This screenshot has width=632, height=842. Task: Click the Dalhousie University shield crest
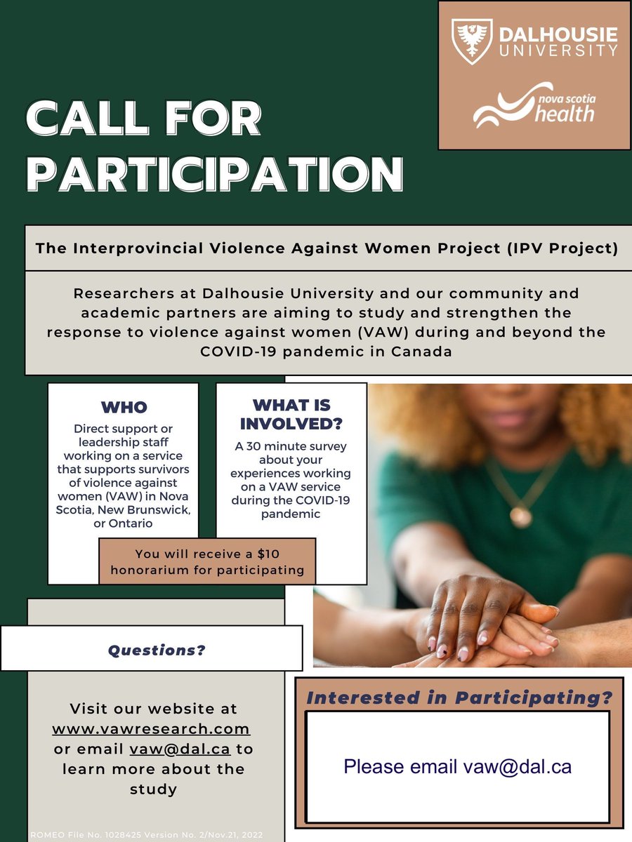pos(471,41)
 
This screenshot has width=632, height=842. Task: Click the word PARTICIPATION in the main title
pos(214,173)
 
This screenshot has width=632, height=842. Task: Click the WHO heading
pos(124,407)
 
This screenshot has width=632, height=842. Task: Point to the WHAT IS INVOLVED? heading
pos(291,414)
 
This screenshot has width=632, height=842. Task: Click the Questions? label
pos(157,650)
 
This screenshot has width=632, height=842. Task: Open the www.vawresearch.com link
pos(151,728)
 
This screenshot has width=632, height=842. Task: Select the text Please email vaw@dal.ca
pos(457,766)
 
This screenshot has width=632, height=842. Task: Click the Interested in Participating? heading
pos(459,698)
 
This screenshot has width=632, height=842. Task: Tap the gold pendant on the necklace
pos(520,516)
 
